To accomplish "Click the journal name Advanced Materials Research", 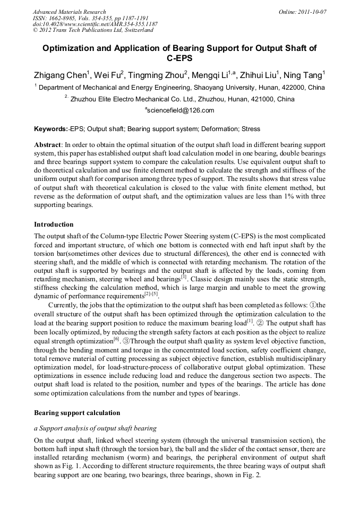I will [x=70, y=12].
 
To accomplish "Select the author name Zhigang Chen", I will [x=60, y=75].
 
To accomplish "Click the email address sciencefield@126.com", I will [x=181, y=110].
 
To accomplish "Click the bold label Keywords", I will [x=50, y=129].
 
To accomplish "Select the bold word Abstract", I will [x=47, y=145].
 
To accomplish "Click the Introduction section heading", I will [x=54, y=225].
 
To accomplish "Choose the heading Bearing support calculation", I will [x=77, y=412].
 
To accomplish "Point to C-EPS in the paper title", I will [x=180, y=58].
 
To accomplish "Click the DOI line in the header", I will [x=95, y=24].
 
